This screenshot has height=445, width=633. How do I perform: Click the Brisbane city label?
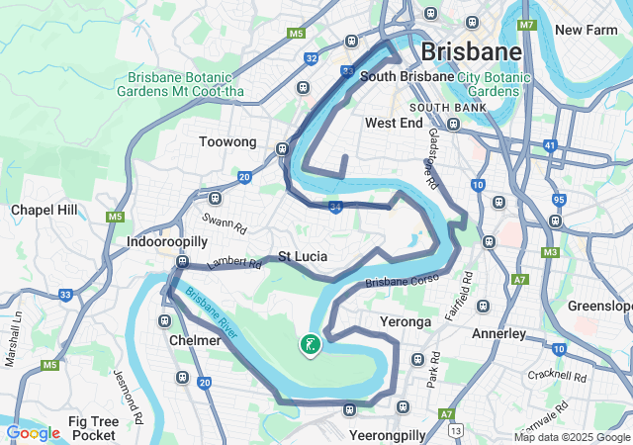(x=471, y=51)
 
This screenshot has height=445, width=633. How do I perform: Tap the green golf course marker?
(x=310, y=345)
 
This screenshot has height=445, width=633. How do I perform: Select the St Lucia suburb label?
(x=303, y=256)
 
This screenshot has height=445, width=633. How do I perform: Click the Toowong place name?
(x=227, y=142)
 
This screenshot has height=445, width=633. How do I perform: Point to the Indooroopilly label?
(x=166, y=241)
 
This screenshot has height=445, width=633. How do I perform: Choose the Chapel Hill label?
(x=44, y=210)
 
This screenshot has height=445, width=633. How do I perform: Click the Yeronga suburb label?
(x=406, y=322)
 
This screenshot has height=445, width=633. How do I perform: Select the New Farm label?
(x=586, y=30)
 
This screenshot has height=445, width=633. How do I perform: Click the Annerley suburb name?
(x=498, y=333)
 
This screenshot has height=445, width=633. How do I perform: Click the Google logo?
(x=33, y=432)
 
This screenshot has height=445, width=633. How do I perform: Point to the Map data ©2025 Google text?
(x=571, y=437)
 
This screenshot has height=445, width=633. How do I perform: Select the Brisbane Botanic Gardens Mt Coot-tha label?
(x=187, y=84)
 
